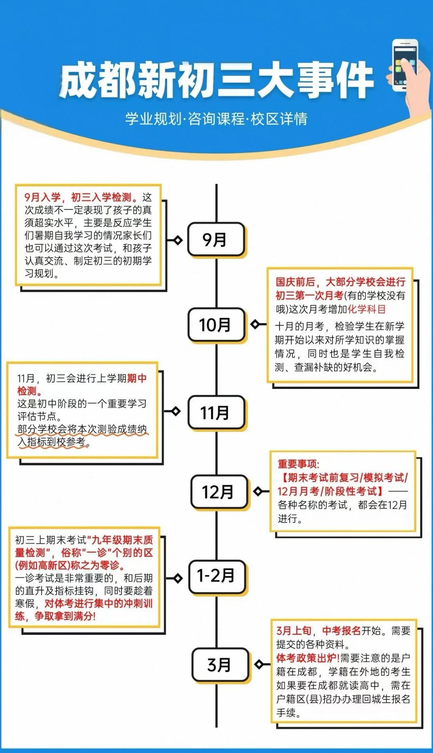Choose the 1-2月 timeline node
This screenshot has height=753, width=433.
pos(216,576)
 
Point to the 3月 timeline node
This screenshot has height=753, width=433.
pos(220,664)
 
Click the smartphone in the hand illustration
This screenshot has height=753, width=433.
pos(405,64)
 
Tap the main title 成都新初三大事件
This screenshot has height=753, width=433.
pos(216,80)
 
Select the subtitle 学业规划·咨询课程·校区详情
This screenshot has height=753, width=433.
pos(216,119)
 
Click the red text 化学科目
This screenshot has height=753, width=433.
pos(366,309)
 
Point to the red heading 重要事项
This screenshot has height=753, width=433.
pos(298,464)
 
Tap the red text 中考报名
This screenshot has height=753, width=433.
pos(342,631)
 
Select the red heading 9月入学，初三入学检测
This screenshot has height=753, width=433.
pos(80,197)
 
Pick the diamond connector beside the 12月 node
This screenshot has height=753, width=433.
pos(258,491)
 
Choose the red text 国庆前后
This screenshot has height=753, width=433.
pos(295,282)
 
